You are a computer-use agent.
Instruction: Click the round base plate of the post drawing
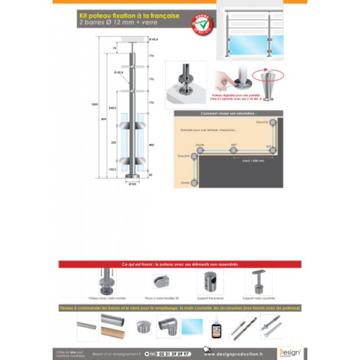[132, 177]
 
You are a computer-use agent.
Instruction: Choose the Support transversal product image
[210, 281]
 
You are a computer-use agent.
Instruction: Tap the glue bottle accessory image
[216, 327]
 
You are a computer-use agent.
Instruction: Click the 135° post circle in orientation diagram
[233, 150]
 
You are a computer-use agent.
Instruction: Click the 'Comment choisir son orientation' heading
[228, 114]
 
